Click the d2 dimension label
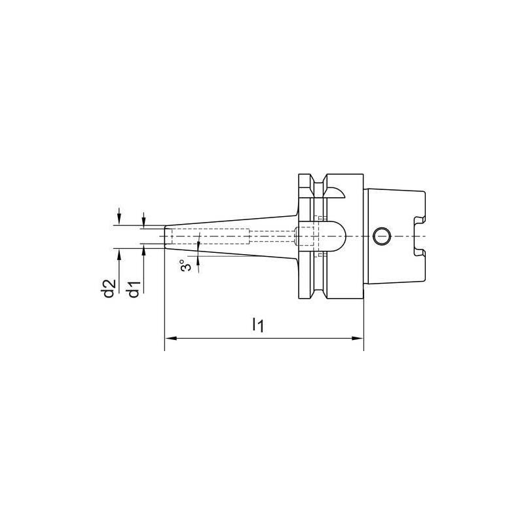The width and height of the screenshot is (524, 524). [x=109, y=289]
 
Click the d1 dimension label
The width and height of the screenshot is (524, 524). [x=133, y=289]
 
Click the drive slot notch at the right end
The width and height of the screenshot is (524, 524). [x=419, y=236]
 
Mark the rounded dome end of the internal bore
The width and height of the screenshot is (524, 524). [x=338, y=235]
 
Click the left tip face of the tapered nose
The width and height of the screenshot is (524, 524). [x=164, y=235]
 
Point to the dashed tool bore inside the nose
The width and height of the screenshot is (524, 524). [x=210, y=235]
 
